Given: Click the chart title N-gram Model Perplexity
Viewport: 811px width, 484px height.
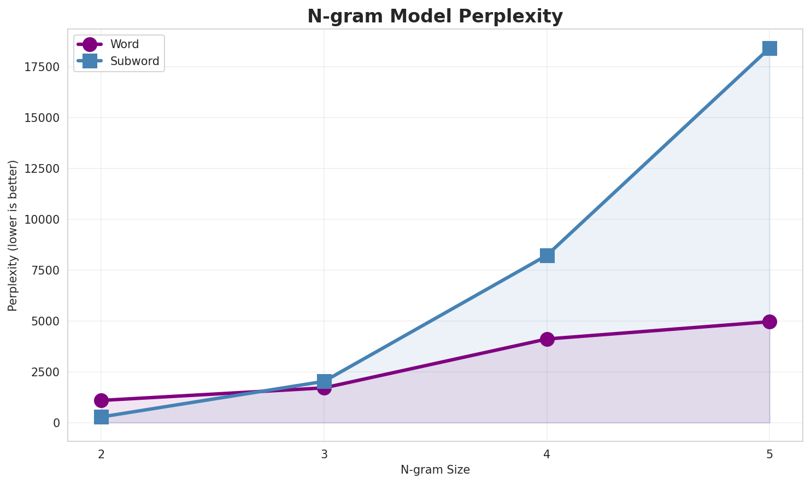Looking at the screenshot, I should tap(434, 16).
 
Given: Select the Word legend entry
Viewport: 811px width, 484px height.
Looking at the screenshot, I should tap(124, 45).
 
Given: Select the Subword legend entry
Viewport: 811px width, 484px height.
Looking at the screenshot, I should tap(134, 61).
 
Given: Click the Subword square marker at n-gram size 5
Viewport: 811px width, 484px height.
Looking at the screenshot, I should tap(769, 48).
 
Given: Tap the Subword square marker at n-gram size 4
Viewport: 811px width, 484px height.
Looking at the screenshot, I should tap(547, 255).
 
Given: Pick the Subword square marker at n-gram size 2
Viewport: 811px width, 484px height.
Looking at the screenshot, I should tap(101, 417).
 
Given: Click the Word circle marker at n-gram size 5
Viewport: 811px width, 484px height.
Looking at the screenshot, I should tap(769, 322).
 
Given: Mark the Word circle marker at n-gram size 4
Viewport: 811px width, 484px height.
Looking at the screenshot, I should tap(547, 339).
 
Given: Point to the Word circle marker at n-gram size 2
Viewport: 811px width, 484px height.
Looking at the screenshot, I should tap(101, 400).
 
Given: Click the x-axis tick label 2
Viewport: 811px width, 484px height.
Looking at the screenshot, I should tap(101, 454).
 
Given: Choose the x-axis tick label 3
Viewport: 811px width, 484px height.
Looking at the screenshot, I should tap(324, 454).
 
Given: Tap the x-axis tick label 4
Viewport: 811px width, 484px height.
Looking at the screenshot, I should tap(547, 454).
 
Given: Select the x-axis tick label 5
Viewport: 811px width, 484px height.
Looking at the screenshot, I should tap(769, 454).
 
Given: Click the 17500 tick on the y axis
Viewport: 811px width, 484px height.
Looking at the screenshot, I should tap(42, 67).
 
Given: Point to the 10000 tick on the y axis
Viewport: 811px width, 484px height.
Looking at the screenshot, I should tap(42, 219).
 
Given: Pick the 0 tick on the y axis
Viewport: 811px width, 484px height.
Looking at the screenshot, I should tap(57, 423).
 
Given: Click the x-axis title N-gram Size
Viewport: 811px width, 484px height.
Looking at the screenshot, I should tap(435, 470).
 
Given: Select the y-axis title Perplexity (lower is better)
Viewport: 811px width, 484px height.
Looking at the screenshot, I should tap(13, 236).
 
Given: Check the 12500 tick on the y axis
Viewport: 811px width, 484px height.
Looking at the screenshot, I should tap(42, 169).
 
